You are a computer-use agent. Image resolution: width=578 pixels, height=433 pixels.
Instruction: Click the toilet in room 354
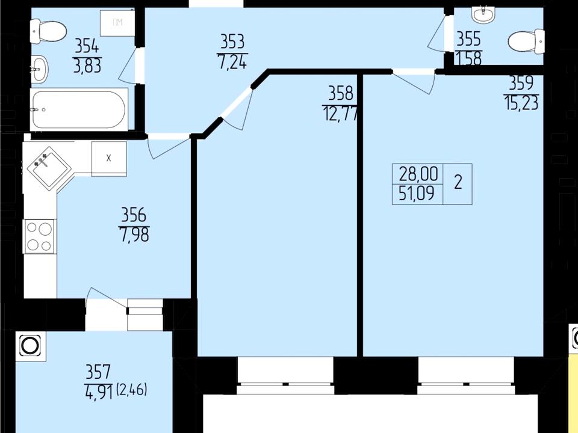[x=48, y=32]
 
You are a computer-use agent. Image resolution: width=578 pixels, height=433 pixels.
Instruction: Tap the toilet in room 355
[x=526, y=41]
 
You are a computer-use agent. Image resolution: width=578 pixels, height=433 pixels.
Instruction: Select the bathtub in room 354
[x=79, y=109]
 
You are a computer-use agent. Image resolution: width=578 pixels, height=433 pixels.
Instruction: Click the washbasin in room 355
[x=483, y=14]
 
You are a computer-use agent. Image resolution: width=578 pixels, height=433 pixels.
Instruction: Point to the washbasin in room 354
[x=39, y=69]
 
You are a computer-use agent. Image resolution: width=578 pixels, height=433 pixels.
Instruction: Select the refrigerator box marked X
[x=109, y=159]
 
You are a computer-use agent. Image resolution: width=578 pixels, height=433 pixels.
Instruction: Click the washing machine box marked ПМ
[x=117, y=23]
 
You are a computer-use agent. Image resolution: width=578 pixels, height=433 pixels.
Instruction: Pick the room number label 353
[x=232, y=41]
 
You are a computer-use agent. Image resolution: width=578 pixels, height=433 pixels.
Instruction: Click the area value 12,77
[x=340, y=113]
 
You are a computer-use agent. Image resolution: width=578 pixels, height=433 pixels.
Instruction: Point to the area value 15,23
[x=521, y=102]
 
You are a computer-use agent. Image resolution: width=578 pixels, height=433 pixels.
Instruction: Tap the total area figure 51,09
[x=417, y=193]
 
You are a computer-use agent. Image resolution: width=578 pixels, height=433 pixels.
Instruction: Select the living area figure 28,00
[x=418, y=174]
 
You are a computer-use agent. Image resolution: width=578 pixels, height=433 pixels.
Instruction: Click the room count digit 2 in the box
[x=458, y=182]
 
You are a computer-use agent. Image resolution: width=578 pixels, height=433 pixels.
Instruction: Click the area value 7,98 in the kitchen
[x=134, y=235]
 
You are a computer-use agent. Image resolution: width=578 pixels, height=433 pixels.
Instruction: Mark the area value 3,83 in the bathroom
[x=87, y=66]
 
